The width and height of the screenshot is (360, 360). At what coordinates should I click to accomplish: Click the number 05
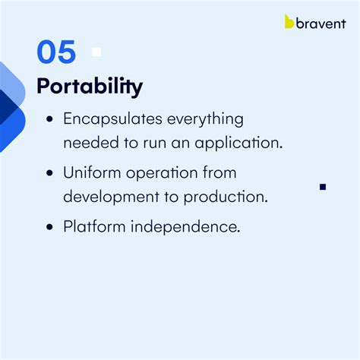[56, 52]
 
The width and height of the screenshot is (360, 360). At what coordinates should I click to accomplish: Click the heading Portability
[90, 86]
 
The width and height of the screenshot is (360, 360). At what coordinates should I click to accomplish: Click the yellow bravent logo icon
[289, 21]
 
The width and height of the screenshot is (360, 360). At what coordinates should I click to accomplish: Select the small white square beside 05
[96, 52]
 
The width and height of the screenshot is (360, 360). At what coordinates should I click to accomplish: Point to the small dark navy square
[323, 186]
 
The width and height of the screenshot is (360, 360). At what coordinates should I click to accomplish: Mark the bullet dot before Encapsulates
[49, 120]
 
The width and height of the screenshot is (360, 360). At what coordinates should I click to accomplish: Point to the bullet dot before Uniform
[49, 173]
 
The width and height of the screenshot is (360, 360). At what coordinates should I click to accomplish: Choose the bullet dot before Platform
[49, 226]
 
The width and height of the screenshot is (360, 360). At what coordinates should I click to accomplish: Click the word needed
[88, 142]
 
